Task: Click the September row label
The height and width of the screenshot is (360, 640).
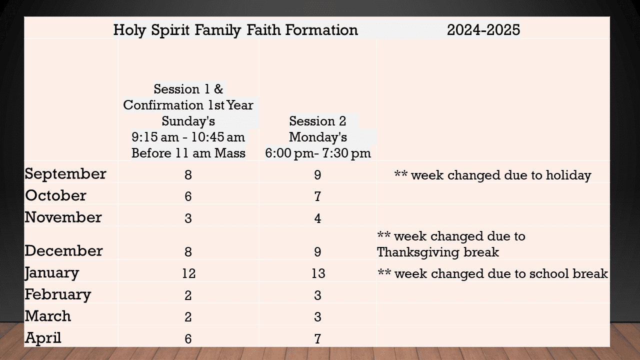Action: tap(65, 173)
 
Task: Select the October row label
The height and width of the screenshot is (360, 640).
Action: tap(55, 195)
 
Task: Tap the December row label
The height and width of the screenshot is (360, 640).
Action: tap(63, 250)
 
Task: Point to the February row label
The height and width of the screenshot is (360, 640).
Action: tap(58, 294)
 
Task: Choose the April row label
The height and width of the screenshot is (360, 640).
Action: tap(43, 338)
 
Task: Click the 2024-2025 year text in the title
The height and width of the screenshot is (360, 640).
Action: tap(483, 30)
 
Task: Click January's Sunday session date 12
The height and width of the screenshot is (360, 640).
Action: tap(188, 273)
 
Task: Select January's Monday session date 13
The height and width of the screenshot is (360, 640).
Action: tap(318, 273)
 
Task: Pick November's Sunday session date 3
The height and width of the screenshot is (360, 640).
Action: tap(188, 218)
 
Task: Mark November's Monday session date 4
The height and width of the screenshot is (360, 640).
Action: tap(318, 218)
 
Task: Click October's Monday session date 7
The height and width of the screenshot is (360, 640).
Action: tap(318, 196)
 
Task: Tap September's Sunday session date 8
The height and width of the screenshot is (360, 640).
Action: tap(188, 175)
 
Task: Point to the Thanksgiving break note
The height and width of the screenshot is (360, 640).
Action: tap(451, 244)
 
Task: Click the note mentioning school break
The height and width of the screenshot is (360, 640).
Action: tap(492, 273)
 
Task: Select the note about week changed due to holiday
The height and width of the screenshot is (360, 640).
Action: tap(492, 175)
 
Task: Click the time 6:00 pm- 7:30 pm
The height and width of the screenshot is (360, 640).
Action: tap(318, 153)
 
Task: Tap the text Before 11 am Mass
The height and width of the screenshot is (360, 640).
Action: tap(188, 153)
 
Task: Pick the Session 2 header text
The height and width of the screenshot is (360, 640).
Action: tap(318, 121)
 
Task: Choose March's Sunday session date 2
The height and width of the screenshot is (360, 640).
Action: tap(188, 317)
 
